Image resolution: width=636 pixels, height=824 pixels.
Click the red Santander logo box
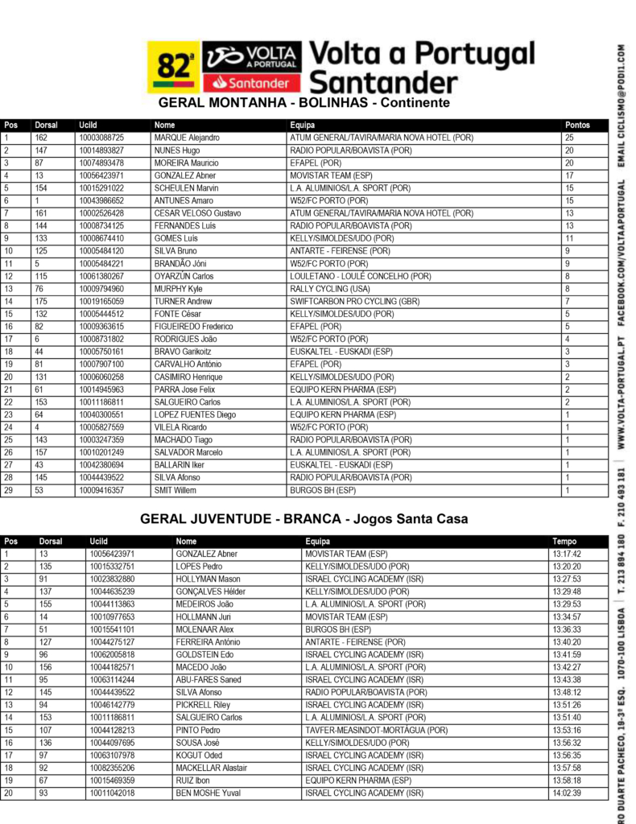(252, 82)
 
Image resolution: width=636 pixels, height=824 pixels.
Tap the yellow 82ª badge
(173, 67)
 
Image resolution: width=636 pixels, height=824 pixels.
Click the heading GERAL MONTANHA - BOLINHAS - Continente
(304, 104)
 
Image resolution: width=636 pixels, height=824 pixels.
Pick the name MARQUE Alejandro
(186, 138)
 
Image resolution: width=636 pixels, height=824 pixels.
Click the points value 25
(569, 138)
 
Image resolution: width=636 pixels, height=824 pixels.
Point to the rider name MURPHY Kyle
(178, 289)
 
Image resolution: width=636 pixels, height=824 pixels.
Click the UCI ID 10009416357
(101, 490)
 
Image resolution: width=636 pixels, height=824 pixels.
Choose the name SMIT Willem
(175, 490)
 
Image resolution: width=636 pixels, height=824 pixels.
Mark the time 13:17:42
(567, 554)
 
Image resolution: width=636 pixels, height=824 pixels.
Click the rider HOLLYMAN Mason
(208, 579)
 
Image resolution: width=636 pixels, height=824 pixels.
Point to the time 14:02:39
(567, 793)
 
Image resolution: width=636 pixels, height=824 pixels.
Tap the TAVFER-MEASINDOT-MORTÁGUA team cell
(376, 730)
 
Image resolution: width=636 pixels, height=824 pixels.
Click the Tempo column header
(564, 542)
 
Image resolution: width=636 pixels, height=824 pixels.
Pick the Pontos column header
(577, 126)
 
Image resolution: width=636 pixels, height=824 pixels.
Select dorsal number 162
(41, 138)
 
